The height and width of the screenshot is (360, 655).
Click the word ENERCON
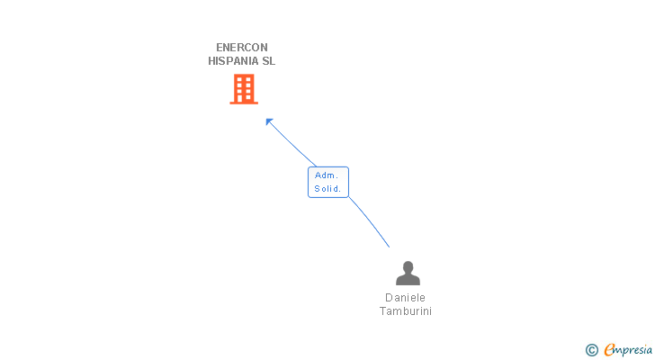tap(242, 48)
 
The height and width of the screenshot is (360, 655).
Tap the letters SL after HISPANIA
tap(268, 61)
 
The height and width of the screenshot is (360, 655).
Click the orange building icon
tap(243, 88)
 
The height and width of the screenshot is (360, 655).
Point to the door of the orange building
tap(243, 97)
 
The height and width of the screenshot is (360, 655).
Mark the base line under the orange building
tap(243, 103)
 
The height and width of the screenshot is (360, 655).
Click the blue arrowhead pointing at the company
tap(268, 121)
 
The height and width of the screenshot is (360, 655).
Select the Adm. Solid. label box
tap(327, 182)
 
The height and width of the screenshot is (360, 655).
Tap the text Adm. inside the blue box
tap(326, 175)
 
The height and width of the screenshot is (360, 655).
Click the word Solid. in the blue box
tap(327, 188)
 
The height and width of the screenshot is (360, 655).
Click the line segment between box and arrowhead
tap(290, 144)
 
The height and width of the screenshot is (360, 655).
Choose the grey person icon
tap(408, 274)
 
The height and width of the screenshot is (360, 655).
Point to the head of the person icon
tap(408, 266)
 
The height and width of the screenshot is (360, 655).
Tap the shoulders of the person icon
tap(408, 280)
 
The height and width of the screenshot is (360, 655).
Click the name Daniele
tap(405, 298)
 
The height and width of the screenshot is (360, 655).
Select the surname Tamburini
tap(406, 311)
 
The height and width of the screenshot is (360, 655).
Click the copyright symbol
tap(591, 350)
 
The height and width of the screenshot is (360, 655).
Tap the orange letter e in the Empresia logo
tap(609, 350)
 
